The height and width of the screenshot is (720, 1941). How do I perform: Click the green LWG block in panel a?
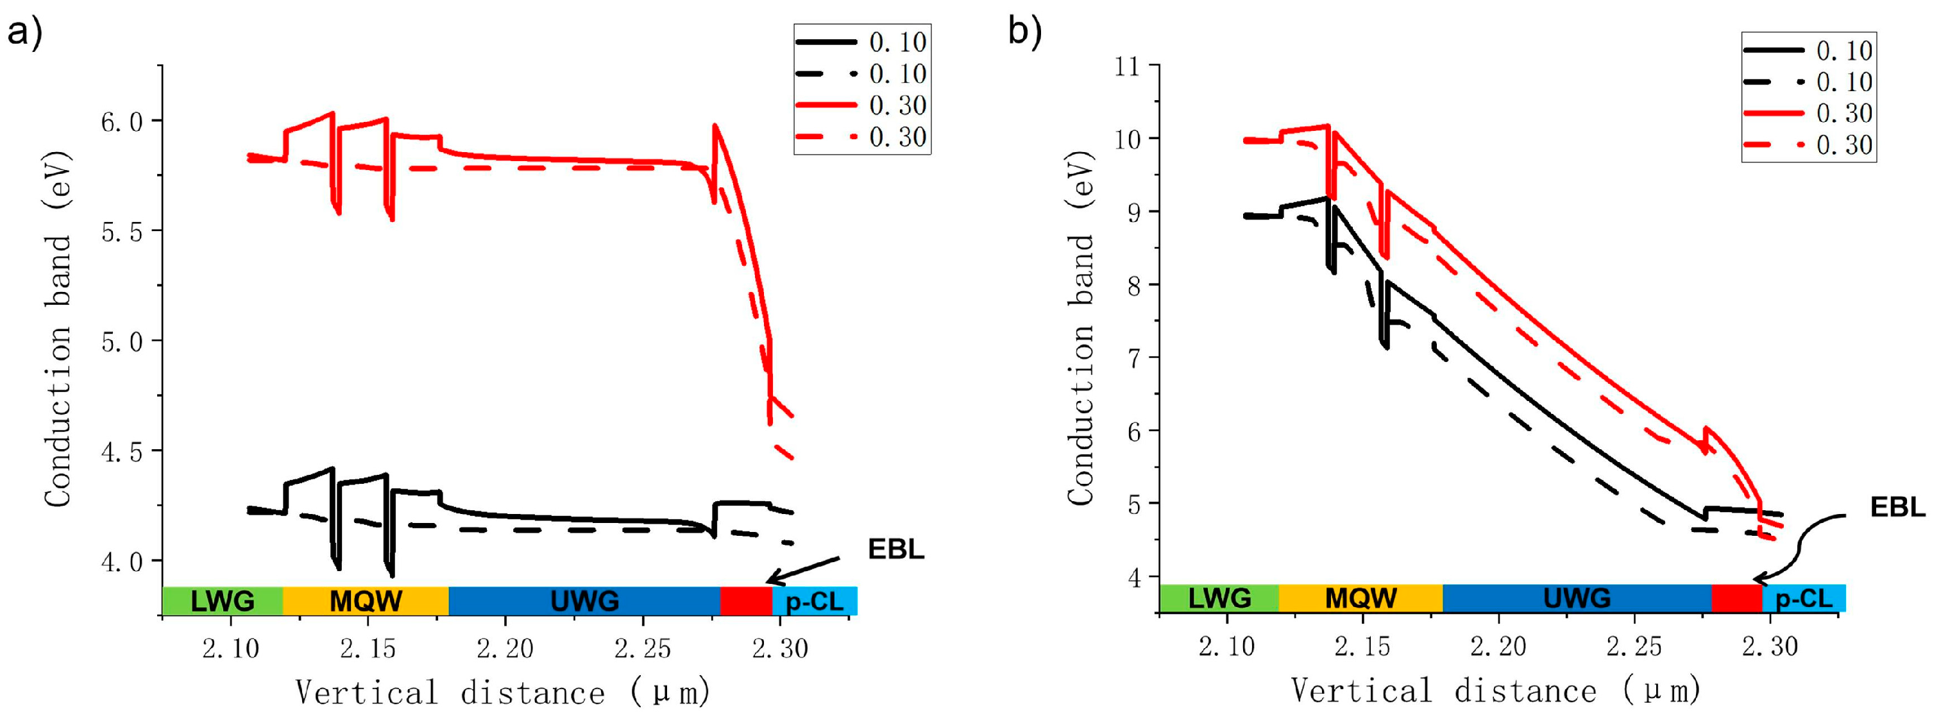tap(223, 601)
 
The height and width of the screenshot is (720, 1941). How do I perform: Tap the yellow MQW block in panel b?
tap(1360, 598)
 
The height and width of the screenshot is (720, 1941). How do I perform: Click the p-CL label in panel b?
tap(1803, 599)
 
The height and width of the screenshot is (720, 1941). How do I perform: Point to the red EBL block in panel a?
tap(746, 601)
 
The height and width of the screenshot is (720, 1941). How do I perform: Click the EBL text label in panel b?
tap(1897, 508)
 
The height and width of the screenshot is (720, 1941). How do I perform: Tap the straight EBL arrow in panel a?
tap(802, 570)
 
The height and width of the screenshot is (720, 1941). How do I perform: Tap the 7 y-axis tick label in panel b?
tap(1133, 358)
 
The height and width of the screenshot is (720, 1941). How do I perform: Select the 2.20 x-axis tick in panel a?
tap(505, 648)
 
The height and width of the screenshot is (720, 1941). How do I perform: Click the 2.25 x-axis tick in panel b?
tap(1634, 646)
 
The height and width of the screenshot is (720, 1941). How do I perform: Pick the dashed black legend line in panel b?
tap(1774, 81)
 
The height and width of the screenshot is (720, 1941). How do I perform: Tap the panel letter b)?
tap(1025, 31)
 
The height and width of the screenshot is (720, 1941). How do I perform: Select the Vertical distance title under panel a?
tap(503, 692)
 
